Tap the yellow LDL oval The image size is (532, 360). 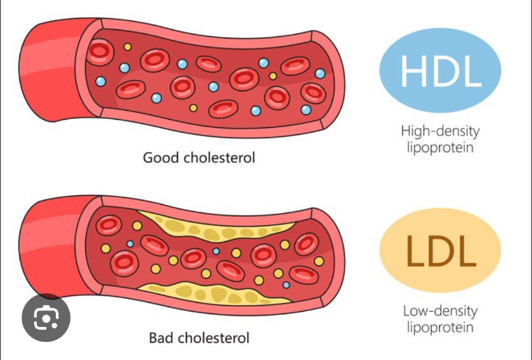coord(441,252)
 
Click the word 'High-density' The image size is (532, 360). coord(440,131)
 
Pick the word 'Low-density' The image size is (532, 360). coord(440,311)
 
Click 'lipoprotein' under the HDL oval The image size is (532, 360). coord(440,148)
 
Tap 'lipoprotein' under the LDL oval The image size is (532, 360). coord(440,328)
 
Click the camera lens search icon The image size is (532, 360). coord(45,319)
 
